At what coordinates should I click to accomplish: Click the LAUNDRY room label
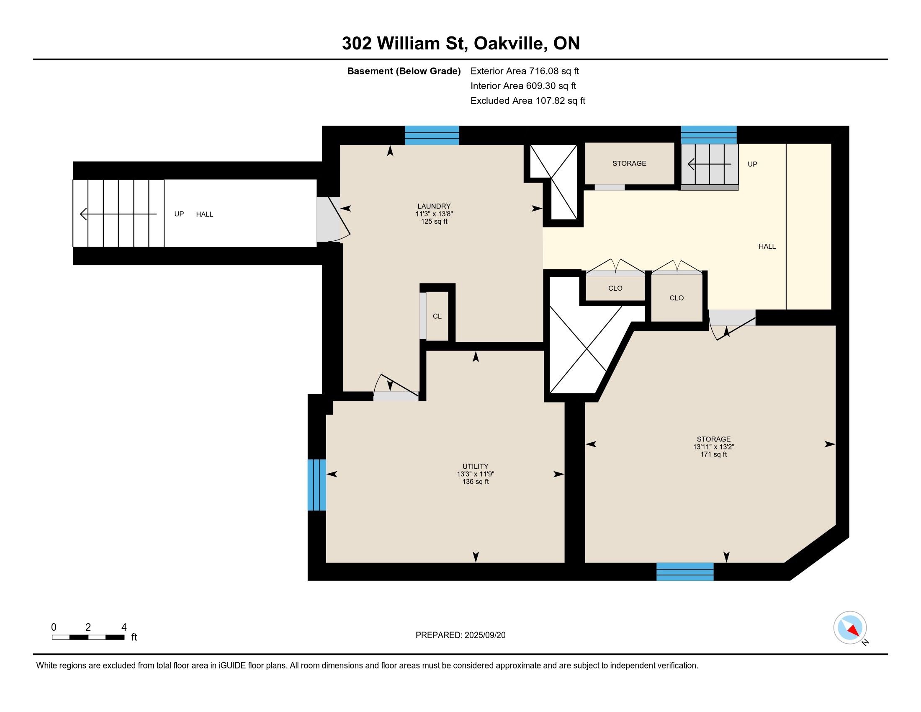click(x=434, y=206)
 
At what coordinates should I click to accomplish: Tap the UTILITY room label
click(x=475, y=467)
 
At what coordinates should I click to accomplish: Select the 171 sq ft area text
click(x=713, y=454)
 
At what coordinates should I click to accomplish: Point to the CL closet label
click(x=437, y=316)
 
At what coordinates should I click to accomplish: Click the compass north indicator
click(x=850, y=628)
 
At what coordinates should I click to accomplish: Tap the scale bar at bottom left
click(x=88, y=637)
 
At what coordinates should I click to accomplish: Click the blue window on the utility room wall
click(x=317, y=485)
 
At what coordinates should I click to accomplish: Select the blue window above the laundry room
click(x=432, y=135)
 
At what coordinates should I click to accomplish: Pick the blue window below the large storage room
click(x=685, y=572)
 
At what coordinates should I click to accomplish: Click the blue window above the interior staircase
click(x=709, y=135)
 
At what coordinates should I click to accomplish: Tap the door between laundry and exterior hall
click(x=333, y=219)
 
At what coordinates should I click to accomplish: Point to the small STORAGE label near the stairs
click(x=629, y=164)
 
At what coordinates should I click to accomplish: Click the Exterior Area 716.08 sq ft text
click(x=525, y=71)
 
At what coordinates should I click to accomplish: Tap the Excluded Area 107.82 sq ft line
click(x=528, y=101)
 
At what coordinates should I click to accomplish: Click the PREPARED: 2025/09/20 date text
click(x=460, y=635)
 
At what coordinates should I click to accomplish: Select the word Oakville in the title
click(x=508, y=44)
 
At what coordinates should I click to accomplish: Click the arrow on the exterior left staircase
click(x=118, y=214)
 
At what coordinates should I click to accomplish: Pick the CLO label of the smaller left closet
click(x=615, y=289)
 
